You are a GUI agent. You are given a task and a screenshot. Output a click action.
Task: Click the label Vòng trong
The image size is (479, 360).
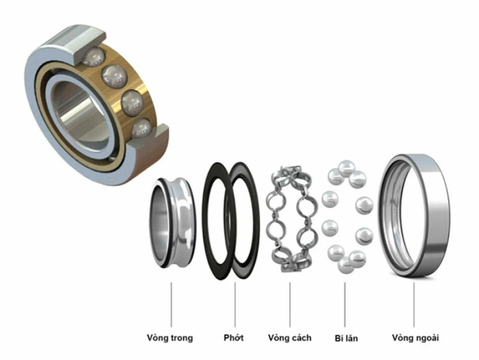(170, 337)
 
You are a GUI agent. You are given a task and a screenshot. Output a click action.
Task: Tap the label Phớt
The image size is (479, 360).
(233, 337)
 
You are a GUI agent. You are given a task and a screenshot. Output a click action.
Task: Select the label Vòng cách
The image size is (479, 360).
(289, 337)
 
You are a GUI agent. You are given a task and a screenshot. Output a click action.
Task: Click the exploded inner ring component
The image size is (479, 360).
(171, 222)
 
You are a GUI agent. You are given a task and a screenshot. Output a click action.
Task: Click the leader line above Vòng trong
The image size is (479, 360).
(170, 302)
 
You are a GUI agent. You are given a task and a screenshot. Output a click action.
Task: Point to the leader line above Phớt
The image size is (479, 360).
(235, 302)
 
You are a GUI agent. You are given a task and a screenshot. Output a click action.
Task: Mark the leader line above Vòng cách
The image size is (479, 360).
(289, 302)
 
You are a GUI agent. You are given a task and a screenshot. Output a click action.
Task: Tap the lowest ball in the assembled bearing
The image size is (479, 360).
(141, 127)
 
